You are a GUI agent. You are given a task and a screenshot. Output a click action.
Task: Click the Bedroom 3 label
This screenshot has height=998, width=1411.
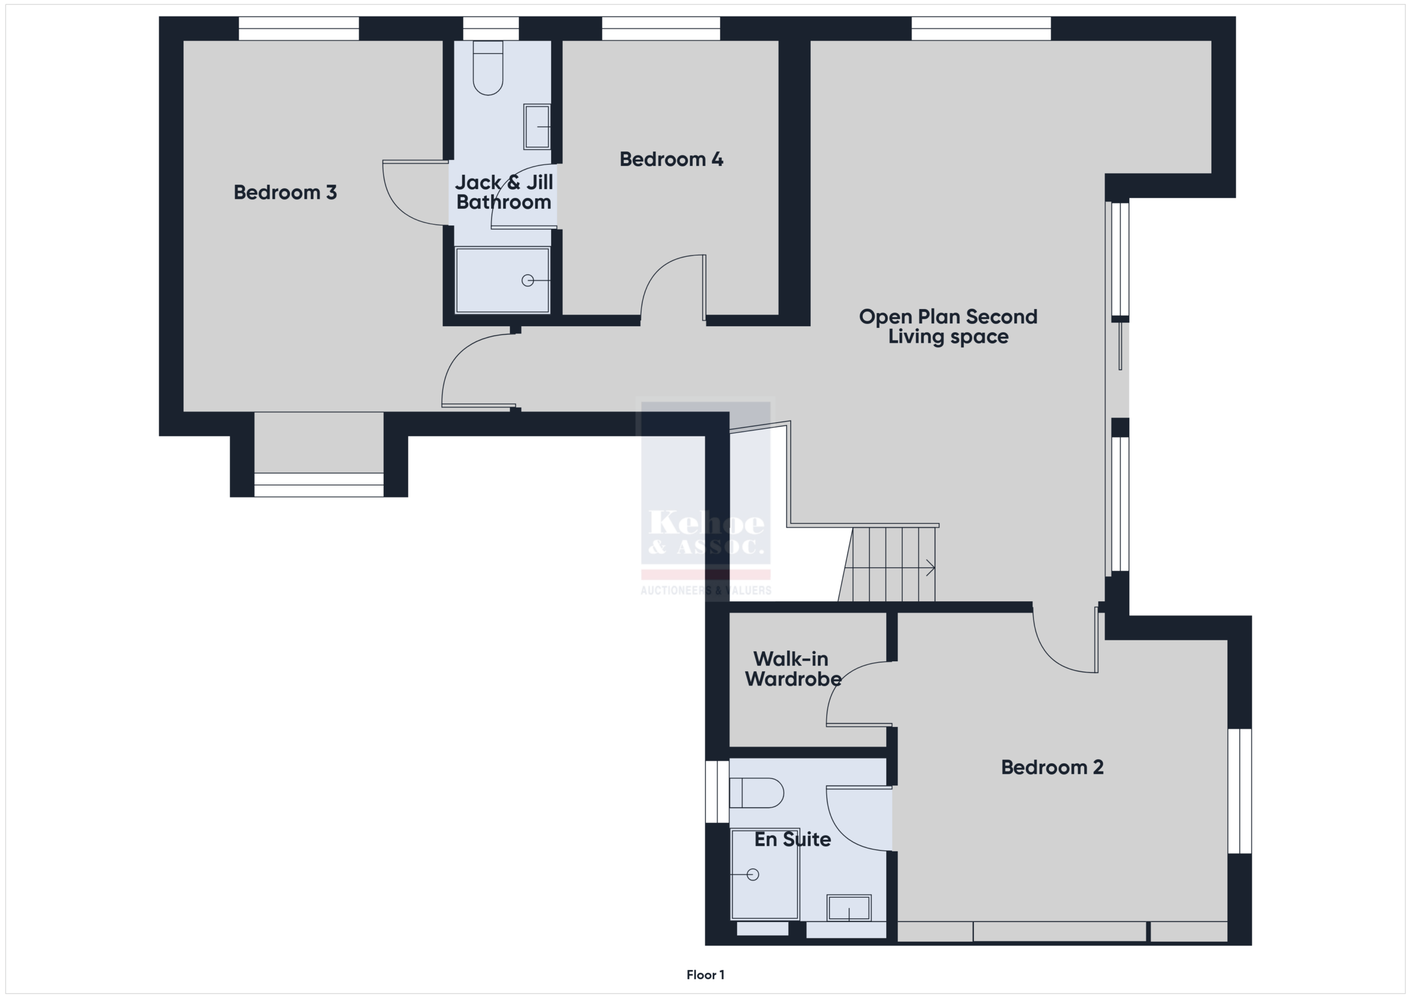285,192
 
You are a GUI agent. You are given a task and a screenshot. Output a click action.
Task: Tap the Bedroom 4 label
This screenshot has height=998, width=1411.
671,159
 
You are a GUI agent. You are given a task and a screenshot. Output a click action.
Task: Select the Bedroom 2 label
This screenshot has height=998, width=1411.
1052,767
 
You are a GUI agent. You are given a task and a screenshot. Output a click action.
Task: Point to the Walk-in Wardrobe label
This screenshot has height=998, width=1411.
793,668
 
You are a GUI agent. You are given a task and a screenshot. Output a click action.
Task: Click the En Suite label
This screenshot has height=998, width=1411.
793,839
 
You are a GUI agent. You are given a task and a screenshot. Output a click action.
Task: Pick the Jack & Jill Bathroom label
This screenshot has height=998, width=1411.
504,192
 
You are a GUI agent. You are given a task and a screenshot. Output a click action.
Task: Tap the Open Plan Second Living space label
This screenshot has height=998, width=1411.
948,326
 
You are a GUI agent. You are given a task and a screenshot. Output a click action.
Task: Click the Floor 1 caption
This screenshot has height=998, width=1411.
705,975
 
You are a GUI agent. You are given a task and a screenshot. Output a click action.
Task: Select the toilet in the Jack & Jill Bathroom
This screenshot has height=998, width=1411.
488,68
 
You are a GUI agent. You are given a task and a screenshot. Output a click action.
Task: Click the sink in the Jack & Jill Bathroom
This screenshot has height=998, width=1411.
536,127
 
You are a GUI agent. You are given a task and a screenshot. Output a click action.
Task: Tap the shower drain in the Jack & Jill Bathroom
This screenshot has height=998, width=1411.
527,280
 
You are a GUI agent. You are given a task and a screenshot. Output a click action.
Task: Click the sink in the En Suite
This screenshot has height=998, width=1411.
849,908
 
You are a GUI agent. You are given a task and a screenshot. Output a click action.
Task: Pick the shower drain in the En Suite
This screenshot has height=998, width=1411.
753,874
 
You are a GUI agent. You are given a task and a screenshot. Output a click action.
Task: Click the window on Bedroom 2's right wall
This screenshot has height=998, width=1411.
1240,791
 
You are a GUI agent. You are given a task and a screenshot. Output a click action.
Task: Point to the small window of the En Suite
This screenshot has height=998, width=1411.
717,791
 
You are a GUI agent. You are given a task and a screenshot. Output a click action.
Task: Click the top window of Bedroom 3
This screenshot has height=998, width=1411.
299,28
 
